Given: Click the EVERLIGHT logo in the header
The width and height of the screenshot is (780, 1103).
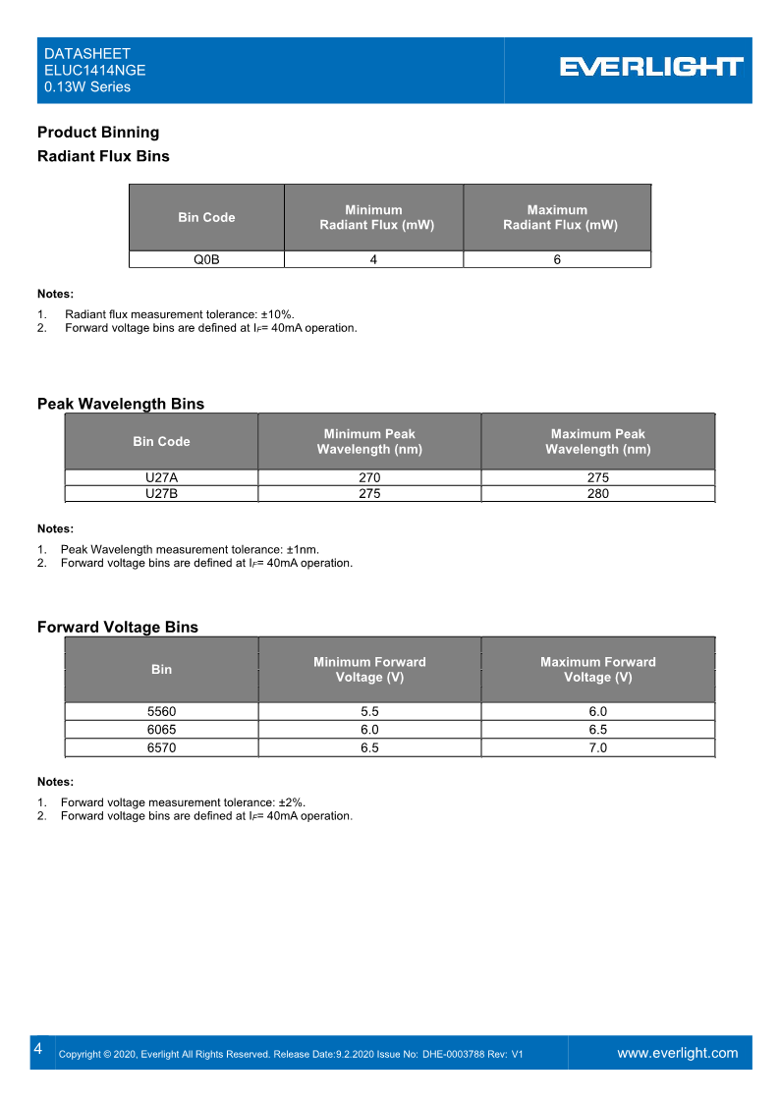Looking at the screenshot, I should tap(651, 67).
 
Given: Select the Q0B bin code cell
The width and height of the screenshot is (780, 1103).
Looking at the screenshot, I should tap(206, 259).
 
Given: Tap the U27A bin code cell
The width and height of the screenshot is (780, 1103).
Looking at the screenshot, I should tap(161, 477).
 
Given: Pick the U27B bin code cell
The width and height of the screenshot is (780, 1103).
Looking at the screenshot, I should tap(161, 493).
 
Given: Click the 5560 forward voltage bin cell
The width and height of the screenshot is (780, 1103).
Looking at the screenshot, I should tap(161, 711).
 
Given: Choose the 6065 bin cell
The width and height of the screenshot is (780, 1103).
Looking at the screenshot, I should tap(161, 730).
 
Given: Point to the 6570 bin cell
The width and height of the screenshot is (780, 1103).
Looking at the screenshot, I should tap(161, 747).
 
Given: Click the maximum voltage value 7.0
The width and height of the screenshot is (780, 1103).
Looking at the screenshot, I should tap(597, 747).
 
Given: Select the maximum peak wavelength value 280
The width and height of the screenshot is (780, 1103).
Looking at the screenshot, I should tap(597, 493).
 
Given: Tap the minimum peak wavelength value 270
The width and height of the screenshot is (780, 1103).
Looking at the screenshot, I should tap(369, 477).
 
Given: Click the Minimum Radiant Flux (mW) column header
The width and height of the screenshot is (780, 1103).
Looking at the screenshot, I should tap(373, 217).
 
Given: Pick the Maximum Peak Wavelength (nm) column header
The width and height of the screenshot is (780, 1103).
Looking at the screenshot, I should tap(597, 441).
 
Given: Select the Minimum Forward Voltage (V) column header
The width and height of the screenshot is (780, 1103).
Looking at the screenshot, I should tap(369, 669).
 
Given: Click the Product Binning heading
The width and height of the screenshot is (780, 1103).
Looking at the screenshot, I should tap(98, 133).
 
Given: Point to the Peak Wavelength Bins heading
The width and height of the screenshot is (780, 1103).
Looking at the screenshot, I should tap(121, 404).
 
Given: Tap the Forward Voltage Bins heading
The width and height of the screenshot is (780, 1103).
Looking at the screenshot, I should tap(118, 628).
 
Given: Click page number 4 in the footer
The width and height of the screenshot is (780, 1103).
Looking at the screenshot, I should tap(37, 1049).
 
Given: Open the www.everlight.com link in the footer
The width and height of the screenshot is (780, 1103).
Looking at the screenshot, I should tap(677, 1053).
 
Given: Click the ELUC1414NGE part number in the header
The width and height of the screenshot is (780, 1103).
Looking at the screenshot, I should tap(95, 71).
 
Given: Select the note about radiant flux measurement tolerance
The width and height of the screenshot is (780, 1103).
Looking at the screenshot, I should tap(180, 314).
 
